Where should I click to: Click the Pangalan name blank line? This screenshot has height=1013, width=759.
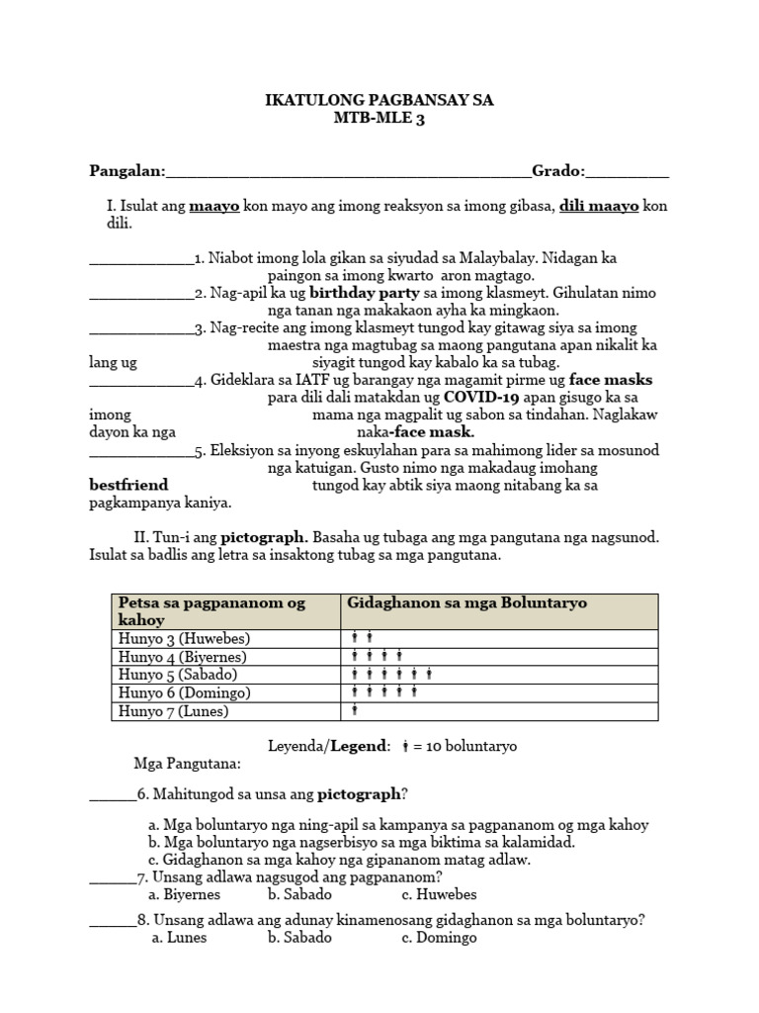349,172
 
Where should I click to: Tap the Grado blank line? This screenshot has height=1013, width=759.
627,172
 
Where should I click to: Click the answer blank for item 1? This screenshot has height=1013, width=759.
141,260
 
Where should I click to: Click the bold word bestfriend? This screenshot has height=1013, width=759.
128,485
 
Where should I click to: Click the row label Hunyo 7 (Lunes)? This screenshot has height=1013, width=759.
173,710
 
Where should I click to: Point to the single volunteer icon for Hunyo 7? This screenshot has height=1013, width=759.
354,710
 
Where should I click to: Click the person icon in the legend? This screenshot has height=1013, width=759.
407,745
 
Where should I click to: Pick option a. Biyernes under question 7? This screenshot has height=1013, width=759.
185,894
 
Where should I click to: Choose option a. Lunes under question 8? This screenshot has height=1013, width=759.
179,937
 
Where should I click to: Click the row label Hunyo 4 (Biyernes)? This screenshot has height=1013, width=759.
182,657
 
